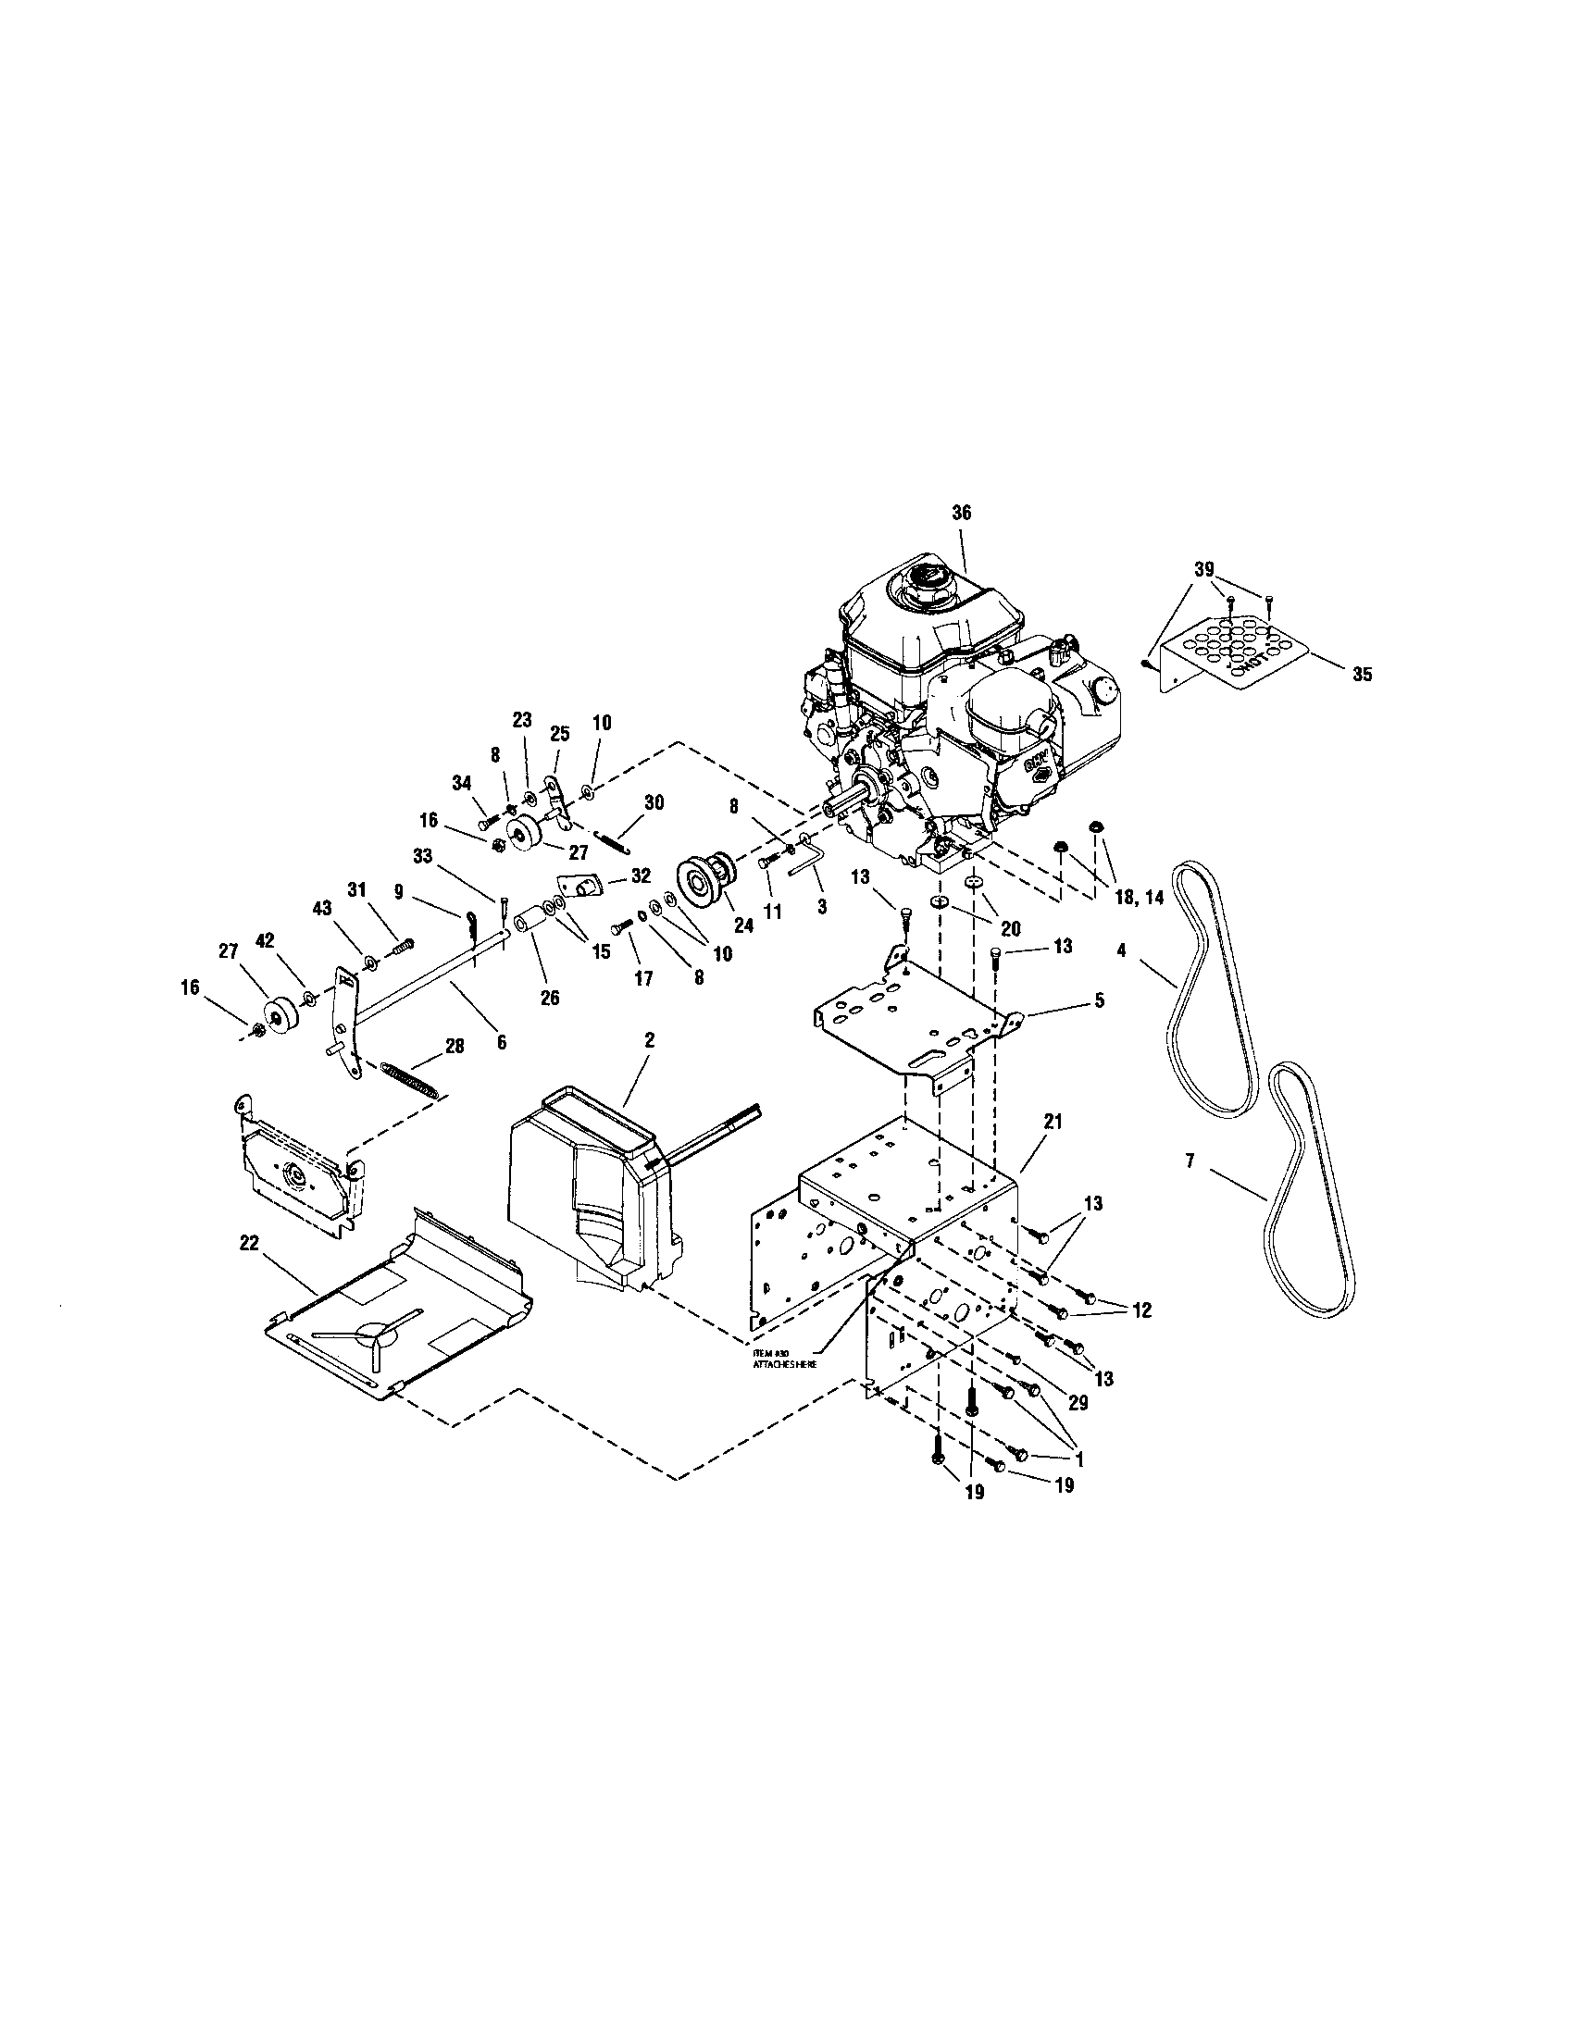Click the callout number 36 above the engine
click(x=961, y=513)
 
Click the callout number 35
click(x=1362, y=675)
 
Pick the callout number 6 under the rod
click(x=502, y=1043)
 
